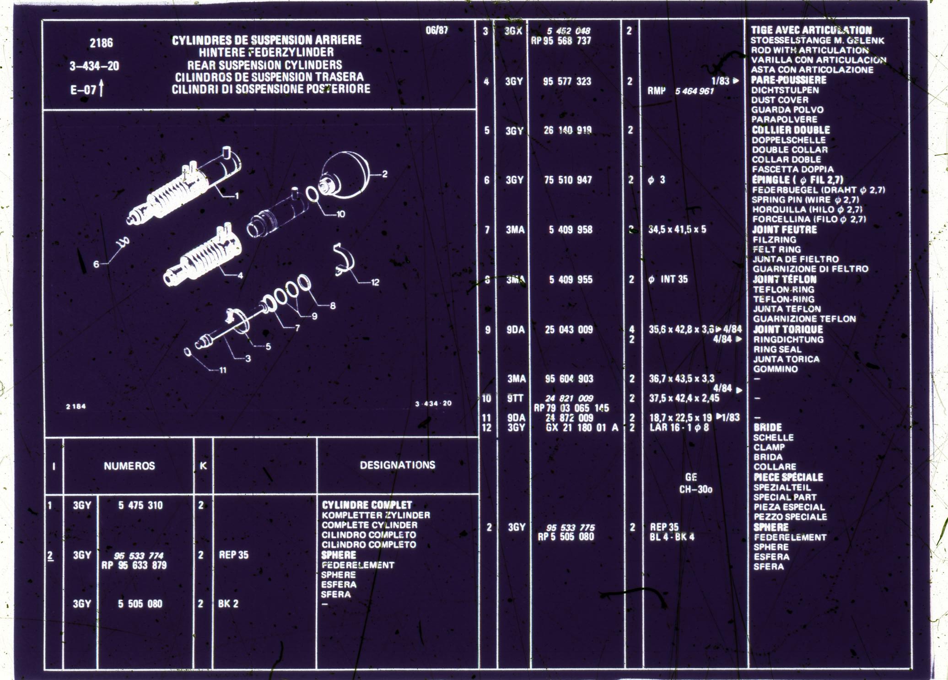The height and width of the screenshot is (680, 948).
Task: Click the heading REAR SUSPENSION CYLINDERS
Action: [x=264, y=65]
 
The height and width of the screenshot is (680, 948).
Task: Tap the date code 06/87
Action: [x=436, y=31]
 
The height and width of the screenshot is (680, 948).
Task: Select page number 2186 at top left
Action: [x=101, y=43]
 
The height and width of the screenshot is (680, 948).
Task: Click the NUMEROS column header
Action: [x=129, y=466]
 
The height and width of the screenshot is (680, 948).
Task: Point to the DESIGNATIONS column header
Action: [x=397, y=465]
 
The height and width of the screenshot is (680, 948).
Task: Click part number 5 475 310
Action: [x=140, y=505]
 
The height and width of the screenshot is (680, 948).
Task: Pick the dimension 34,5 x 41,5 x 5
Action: [x=677, y=229]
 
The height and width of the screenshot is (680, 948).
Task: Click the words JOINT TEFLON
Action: [x=784, y=279]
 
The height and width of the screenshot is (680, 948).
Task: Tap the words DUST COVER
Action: [x=780, y=100]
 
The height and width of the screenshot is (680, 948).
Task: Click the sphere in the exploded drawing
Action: [x=345, y=174]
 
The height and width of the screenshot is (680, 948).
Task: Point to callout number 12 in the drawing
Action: [x=375, y=282]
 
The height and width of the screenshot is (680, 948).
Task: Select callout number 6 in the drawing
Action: [x=96, y=264]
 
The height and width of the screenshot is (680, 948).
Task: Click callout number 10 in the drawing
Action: [x=341, y=214]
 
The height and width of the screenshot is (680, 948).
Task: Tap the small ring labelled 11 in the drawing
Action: [x=188, y=351]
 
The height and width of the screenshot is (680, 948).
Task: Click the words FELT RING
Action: [x=776, y=249]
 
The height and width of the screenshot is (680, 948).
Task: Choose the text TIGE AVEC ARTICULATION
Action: [x=811, y=30]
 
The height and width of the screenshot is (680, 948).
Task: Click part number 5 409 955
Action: [x=570, y=279]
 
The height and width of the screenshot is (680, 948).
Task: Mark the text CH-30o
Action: [x=695, y=489]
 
